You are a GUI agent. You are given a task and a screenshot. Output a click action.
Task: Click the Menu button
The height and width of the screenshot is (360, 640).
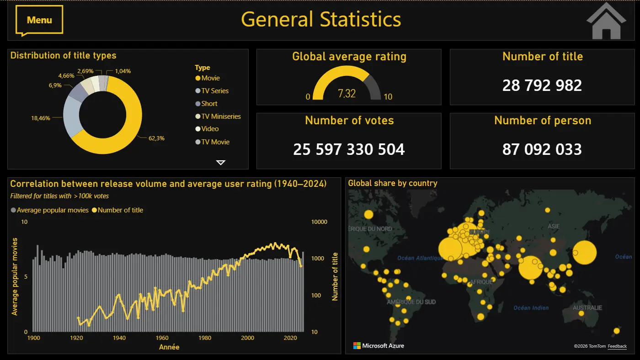(x=39, y=20)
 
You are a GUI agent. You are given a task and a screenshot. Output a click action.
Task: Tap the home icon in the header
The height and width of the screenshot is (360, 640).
(x=606, y=21)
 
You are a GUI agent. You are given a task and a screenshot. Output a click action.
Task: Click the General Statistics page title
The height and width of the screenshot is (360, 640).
(x=321, y=20)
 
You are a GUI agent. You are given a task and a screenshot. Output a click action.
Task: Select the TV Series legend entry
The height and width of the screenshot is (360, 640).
(x=215, y=91)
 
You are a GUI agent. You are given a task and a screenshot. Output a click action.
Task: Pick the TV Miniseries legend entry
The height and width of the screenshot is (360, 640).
(x=221, y=116)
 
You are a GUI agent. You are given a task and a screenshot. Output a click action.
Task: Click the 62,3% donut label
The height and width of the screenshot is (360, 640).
(x=156, y=138)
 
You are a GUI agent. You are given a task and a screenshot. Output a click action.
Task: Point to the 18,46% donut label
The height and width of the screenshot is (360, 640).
(x=40, y=118)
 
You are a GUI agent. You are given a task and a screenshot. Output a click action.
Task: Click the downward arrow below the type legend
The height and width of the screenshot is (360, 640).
(x=221, y=162)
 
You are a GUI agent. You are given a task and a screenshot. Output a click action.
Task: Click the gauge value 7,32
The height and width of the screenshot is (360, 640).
(x=347, y=94)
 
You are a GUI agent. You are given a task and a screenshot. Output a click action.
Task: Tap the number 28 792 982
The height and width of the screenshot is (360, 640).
(x=542, y=85)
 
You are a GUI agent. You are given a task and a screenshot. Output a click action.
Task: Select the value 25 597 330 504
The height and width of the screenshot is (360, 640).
(x=349, y=149)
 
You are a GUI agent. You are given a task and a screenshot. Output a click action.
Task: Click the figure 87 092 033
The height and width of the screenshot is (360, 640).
(x=542, y=149)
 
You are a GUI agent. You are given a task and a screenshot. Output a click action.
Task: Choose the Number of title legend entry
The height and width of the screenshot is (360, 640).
(x=120, y=210)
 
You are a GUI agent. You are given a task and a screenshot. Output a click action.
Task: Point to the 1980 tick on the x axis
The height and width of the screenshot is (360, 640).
(x=205, y=338)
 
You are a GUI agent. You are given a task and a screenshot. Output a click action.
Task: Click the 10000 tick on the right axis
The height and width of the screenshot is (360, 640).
(x=319, y=222)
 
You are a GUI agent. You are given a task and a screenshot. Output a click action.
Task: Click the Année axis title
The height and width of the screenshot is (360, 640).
(x=169, y=347)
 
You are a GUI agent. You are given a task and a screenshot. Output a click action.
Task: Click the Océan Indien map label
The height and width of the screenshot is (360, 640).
(x=531, y=307)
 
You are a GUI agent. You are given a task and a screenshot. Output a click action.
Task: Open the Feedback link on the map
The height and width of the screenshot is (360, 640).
(x=617, y=346)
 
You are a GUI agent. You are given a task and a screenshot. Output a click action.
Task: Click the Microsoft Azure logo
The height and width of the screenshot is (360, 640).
(x=379, y=346)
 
